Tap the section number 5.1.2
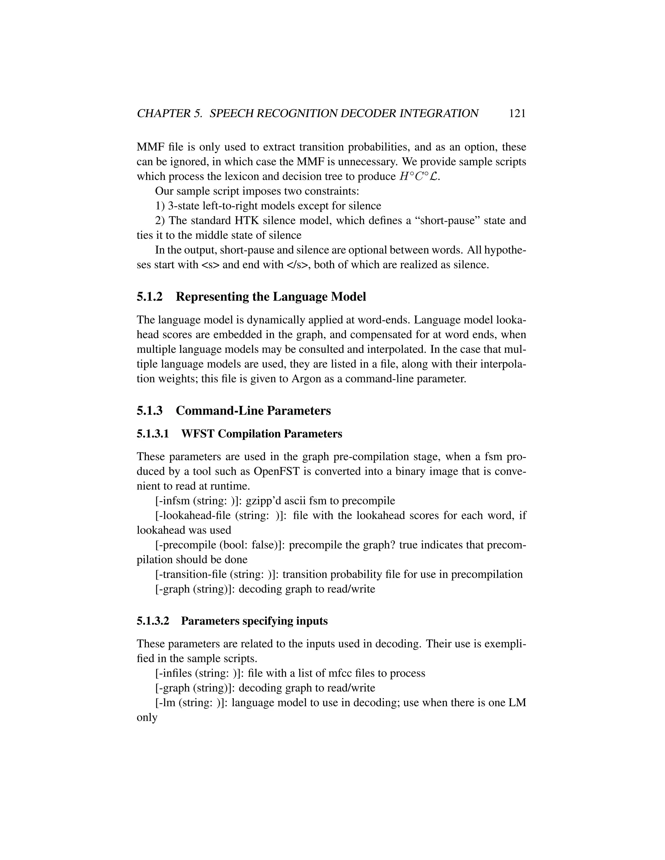pyautogui.click(x=150, y=297)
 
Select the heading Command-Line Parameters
pyautogui.click(x=253, y=411)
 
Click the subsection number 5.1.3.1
pyautogui.click(x=153, y=434)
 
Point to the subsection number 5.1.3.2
pyautogui.click(x=153, y=621)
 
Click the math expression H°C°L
pyautogui.click(x=419, y=177)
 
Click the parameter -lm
pyautogui.click(x=167, y=703)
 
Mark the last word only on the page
pyautogui.click(x=147, y=718)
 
